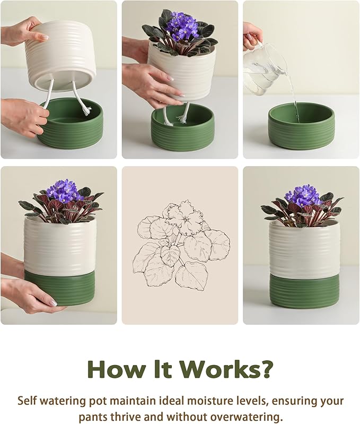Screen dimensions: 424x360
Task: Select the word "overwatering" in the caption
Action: point(243,416)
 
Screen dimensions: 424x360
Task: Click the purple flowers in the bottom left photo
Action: point(62,191)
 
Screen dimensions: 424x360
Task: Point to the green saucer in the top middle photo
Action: point(182,129)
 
